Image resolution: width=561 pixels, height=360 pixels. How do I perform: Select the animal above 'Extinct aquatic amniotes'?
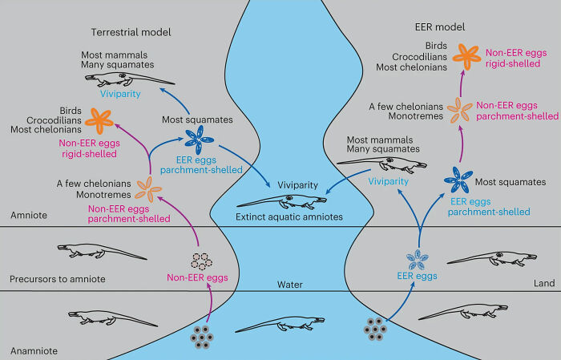(276, 202)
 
